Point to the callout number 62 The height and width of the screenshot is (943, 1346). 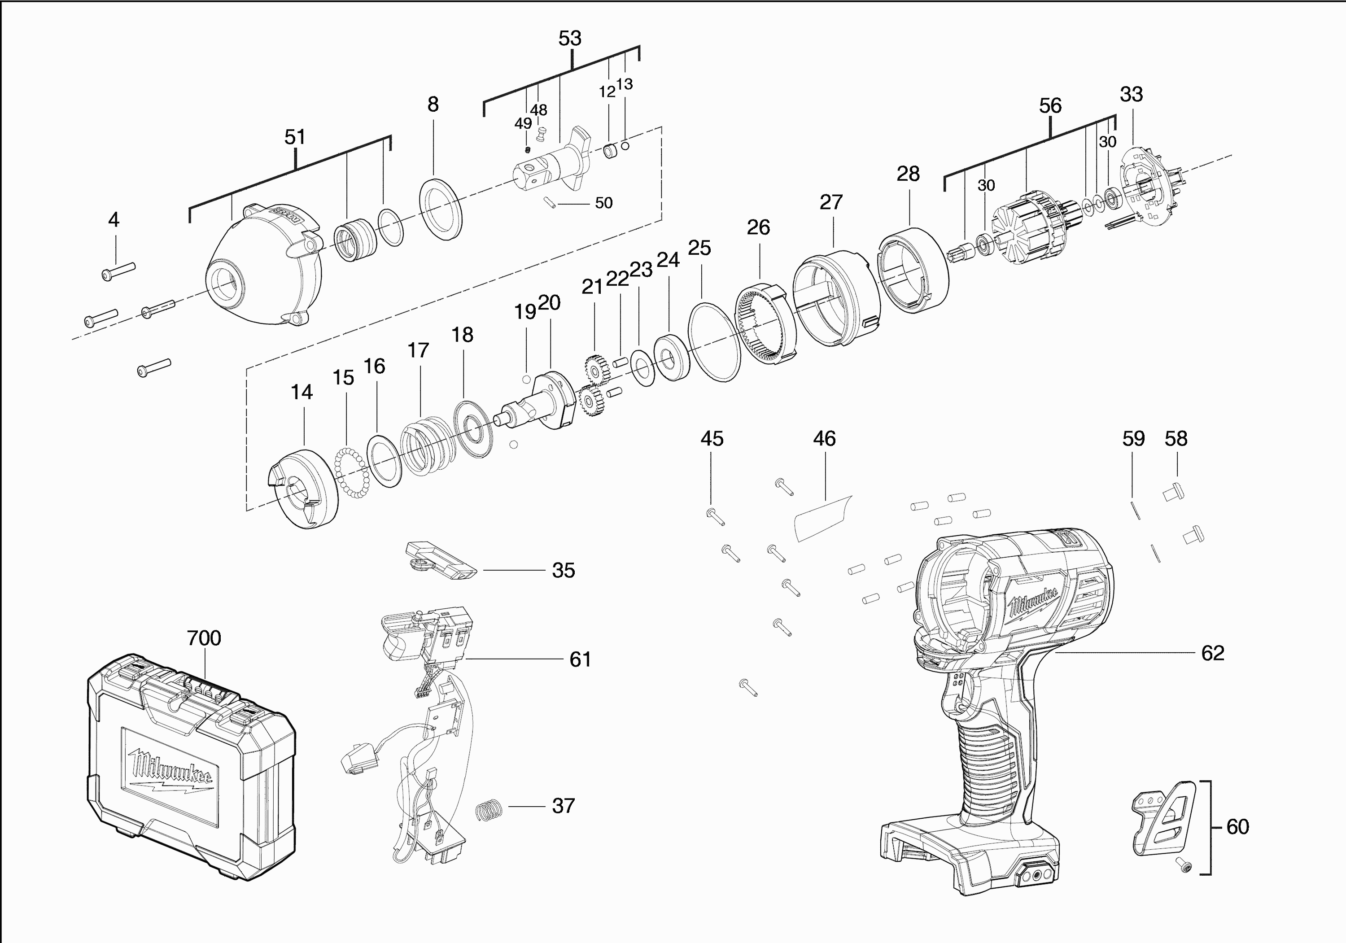pos(1212,653)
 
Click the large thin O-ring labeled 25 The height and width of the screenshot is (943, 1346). pos(713,342)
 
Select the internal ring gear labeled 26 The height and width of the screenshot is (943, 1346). pos(765,325)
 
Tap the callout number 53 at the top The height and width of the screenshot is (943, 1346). pos(570,38)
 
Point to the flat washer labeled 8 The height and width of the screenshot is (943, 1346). pos(441,209)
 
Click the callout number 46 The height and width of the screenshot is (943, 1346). pos(824,438)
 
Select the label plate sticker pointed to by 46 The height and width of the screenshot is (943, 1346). pos(822,516)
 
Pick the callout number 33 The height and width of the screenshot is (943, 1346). pos(1131,94)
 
